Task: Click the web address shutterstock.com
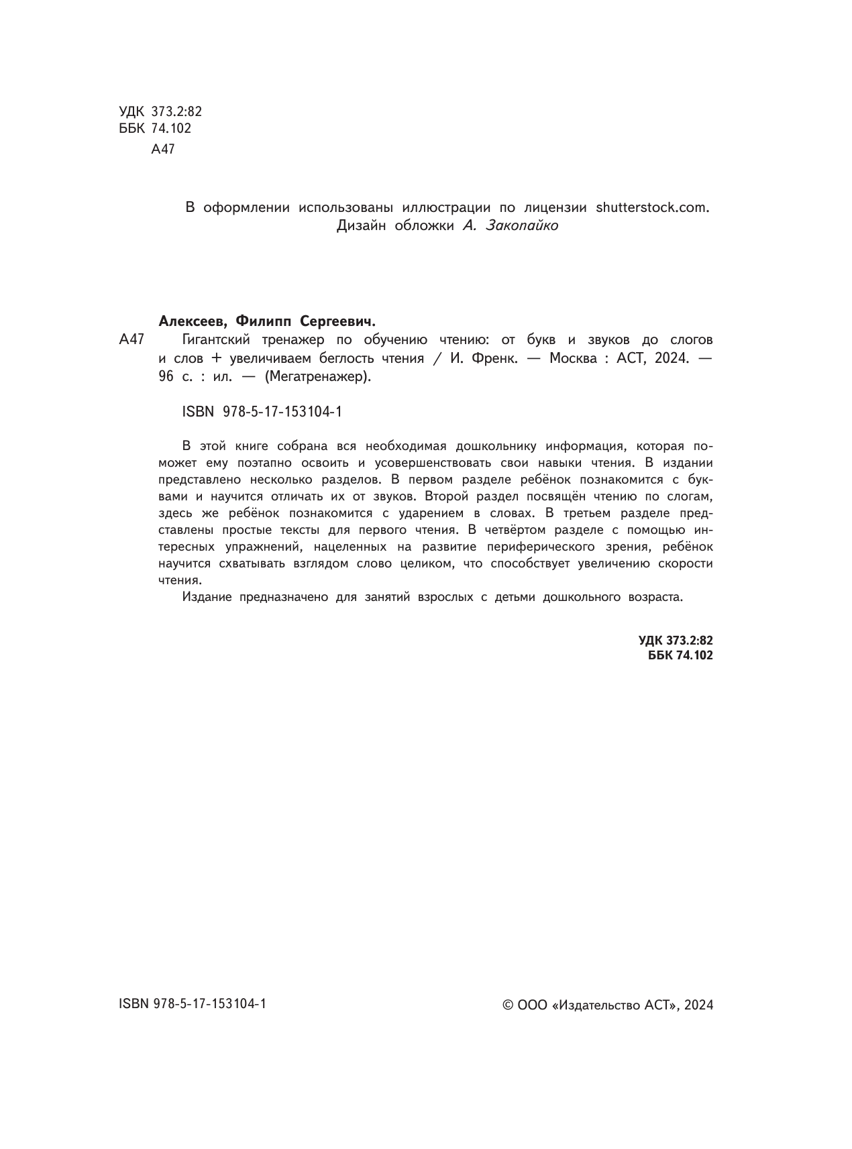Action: [x=651, y=207]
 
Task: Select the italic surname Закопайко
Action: [x=520, y=226]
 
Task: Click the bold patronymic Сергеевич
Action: [x=339, y=320]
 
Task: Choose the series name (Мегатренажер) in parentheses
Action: [x=317, y=376]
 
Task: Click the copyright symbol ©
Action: [x=508, y=1005]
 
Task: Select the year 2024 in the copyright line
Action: [x=699, y=1005]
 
